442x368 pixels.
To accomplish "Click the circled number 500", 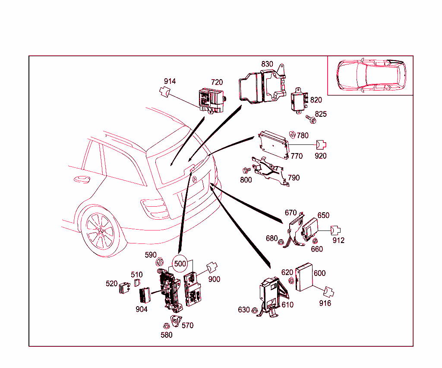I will (x=180, y=263).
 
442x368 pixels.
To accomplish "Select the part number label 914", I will (x=170, y=81).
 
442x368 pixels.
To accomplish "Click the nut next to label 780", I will (x=292, y=134).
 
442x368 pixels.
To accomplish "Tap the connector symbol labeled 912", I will (x=336, y=231).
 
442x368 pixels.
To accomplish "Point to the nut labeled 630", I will (x=256, y=310).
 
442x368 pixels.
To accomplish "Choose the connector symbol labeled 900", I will (x=212, y=268).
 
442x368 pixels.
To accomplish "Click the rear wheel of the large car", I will (x=100, y=231).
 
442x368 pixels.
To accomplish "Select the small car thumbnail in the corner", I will (x=370, y=75).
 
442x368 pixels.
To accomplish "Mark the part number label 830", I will (x=267, y=64).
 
